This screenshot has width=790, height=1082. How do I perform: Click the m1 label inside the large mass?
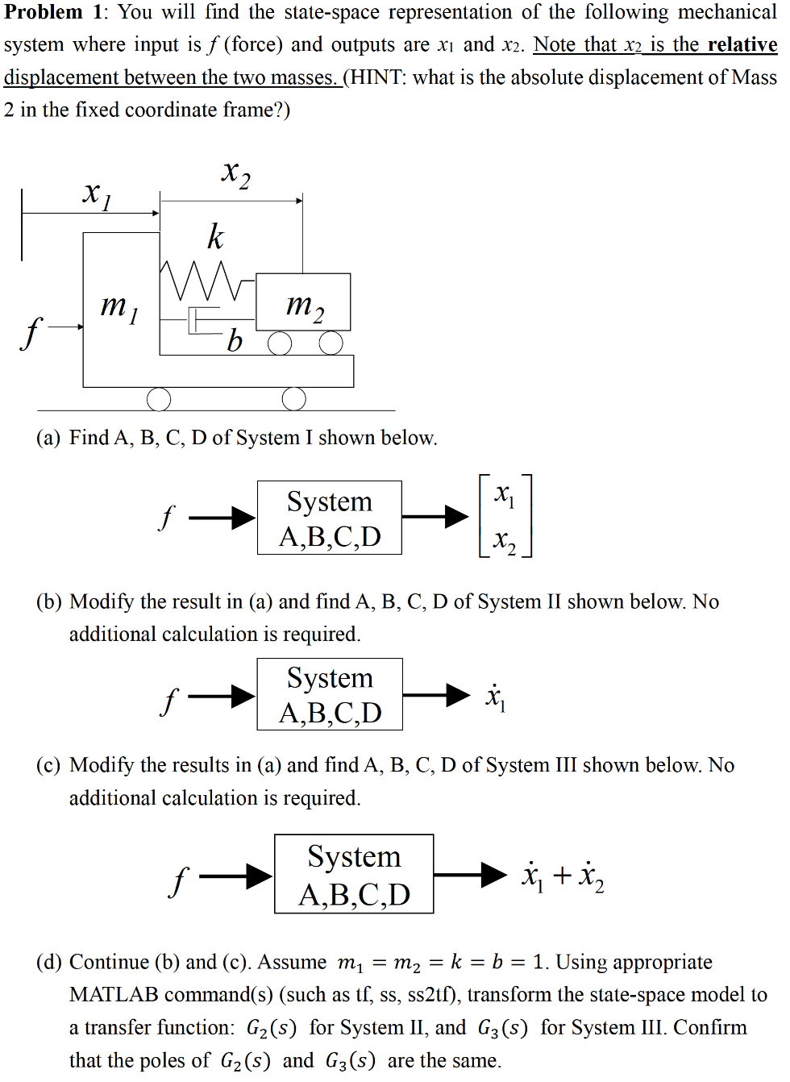[118, 307]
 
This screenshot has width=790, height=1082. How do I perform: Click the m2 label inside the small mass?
[305, 306]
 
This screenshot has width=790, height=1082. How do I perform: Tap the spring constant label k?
[214, 236]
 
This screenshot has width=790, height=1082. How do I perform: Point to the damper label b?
[234, 341]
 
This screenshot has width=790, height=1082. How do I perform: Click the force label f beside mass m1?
[31, 331]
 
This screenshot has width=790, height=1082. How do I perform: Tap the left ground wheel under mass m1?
[159, 398]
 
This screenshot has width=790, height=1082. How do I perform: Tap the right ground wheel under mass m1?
[293, 398]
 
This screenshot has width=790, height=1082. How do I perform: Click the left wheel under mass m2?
[280, 343]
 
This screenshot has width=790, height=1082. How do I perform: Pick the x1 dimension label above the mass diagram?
[97, 194]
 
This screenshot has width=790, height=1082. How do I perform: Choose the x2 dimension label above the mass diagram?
[235, 173]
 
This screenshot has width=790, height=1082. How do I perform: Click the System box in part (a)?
[330, 518]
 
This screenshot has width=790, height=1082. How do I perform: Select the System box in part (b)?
[330, 694]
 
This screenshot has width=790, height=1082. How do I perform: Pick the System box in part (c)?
[354, 874]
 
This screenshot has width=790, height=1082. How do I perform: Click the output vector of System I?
[505, 516]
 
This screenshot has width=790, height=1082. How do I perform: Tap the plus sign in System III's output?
[562, 875]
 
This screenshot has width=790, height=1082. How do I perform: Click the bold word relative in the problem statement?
[742, 44]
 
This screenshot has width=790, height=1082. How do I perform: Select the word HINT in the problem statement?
[378, 77]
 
